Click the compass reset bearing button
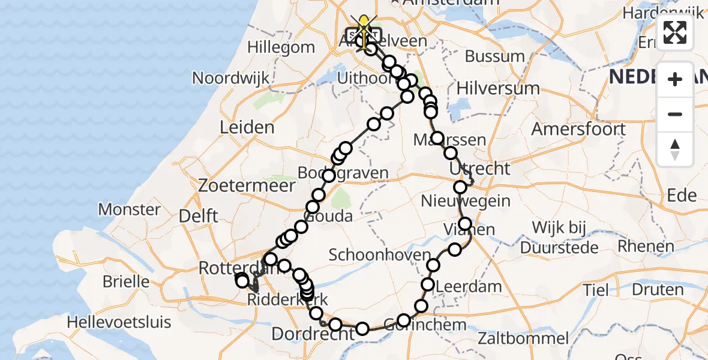point(675,149)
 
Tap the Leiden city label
point(247,127)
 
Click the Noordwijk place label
point(230,78)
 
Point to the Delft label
point(201,216)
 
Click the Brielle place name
point(126,281)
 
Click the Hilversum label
point(498,88)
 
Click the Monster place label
point(129,209)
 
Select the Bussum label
point(495,56)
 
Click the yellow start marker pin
point(363,25)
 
